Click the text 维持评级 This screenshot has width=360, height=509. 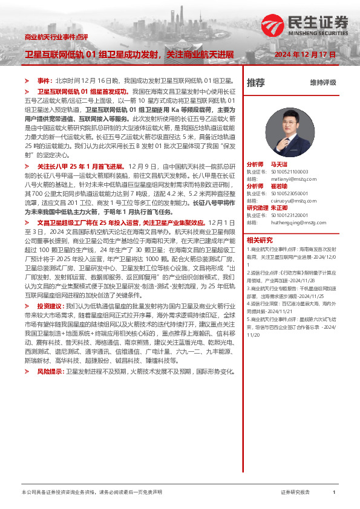coord(322,82)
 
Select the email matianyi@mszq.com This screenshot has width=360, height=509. coord(293,178)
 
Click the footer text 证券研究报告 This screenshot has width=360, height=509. coord(295,493)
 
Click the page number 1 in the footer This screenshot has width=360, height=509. coord(334,493)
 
